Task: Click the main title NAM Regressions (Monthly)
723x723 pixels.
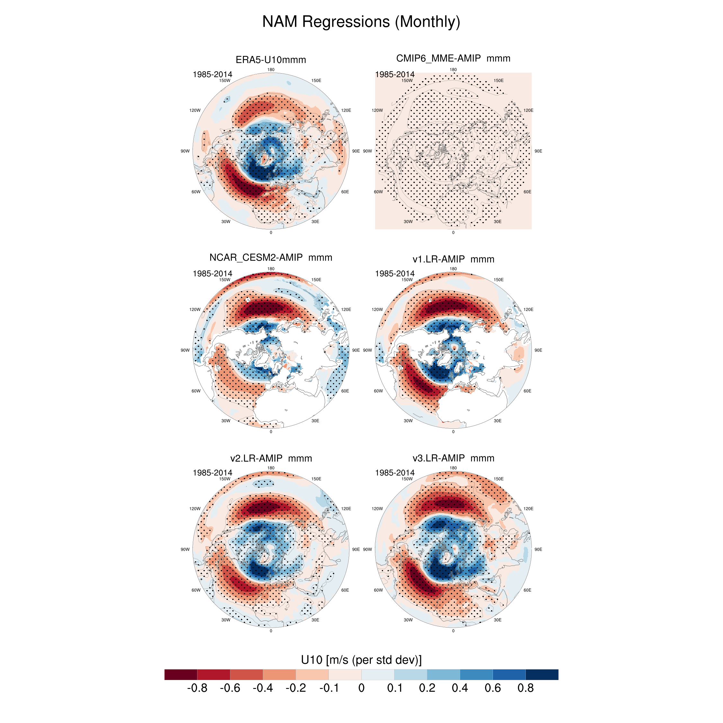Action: (x=361, y=22)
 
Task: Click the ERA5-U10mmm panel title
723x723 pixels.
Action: (x=271, y=60)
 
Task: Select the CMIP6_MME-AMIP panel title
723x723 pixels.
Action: (x=453, y=58)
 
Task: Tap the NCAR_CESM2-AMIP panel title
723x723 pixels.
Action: (x=271, y=257)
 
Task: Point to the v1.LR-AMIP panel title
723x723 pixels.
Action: (x=453, y=259)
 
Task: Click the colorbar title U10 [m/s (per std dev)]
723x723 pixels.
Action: (x=361, y=660)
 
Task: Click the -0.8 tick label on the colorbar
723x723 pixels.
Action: (x=197, y=688)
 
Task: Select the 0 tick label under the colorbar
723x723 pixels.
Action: (x=361, y=688)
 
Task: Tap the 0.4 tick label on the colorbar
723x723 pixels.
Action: (x=460, y=688)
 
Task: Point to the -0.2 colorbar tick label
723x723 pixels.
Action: (x=296, y=688)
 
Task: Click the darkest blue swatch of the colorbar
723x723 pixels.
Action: (x=542, y=674)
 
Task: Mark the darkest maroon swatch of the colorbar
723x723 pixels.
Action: (x=181, y=674)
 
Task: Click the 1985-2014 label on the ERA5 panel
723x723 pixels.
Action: (x=212, y=75)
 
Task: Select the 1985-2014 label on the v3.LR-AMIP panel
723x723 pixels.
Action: (x=395, y=473)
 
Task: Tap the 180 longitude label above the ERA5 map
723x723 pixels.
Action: (x=271, y=70)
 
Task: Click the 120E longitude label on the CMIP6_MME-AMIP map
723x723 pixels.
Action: (x=528, y=111)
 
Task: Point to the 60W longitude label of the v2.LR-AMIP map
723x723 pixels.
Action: (x=196, y=590)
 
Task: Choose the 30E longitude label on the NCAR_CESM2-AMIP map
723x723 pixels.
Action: (x=316, y=421)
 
